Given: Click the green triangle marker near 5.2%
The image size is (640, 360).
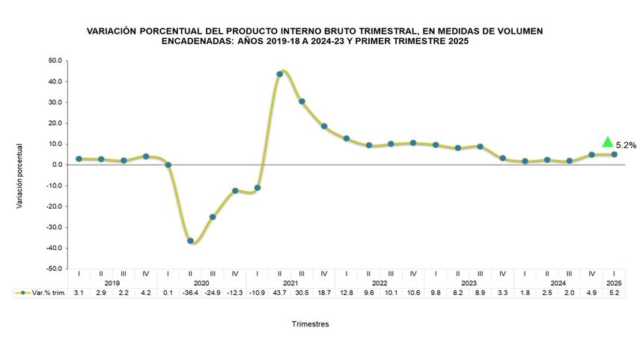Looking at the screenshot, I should [x=608, y=142].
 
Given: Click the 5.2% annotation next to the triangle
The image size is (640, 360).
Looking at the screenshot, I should [x=626, y=145].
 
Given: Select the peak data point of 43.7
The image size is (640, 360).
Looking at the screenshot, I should [x=279, y=74].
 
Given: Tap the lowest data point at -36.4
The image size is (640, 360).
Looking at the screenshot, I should [x=190, y=241].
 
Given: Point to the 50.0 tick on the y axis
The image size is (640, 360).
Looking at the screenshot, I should [x=54, y=61].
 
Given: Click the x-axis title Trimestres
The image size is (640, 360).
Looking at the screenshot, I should [x=310, y=324].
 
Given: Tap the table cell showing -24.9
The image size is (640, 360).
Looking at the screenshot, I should [x=213, y=293].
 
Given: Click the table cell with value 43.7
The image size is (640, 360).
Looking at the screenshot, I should [x=279, y=293].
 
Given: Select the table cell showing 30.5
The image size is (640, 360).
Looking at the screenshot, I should [x=302, y=293].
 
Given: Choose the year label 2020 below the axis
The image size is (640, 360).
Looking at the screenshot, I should [x=201, y=283].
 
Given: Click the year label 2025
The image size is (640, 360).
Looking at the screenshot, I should [x=614, y=283].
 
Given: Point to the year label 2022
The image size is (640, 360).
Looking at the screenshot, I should [x=380, y=283].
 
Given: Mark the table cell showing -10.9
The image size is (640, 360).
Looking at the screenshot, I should [x=257, y=293].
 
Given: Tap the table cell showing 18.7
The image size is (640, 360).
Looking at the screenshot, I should [x=324, y=293].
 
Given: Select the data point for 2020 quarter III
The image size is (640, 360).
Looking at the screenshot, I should [x=213, y=217].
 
